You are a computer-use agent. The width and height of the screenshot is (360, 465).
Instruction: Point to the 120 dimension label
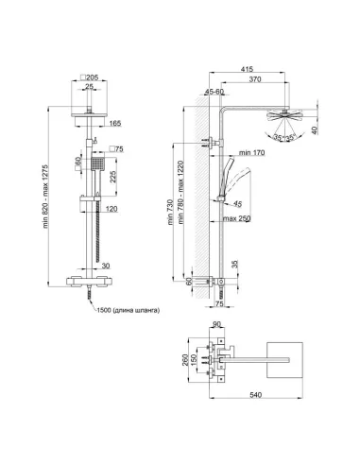tap(111, 207)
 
